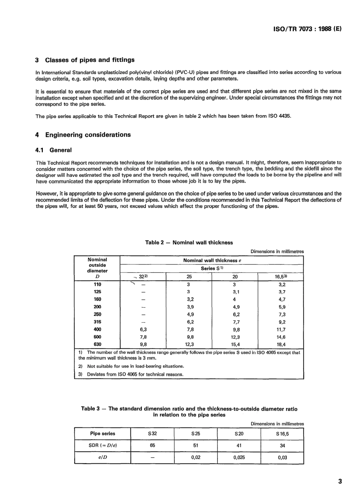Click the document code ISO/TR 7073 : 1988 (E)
tap(307, 28)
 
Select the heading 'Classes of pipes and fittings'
tap(89, 60)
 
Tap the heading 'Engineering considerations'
tap(88, 135)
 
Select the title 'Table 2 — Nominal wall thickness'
tap(189, 242)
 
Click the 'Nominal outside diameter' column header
tap(97, 265)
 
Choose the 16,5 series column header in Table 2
tap(281, 277)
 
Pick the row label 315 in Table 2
tap(97, 322)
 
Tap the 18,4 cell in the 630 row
tap(281, 344)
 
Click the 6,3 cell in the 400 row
tap(143, 330)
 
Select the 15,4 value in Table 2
tap(235, 344)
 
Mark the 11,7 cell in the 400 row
tap(281, 330)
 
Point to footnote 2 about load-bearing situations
tap(135, 366)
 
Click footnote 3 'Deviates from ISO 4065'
tap(135, 374)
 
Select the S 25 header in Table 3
tap(196, 434)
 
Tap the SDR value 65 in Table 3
tap(152, 446)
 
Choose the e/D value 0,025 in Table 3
tap(239, 457)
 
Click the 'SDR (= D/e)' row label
tap(102, 446)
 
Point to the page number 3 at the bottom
tap(340, 482)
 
